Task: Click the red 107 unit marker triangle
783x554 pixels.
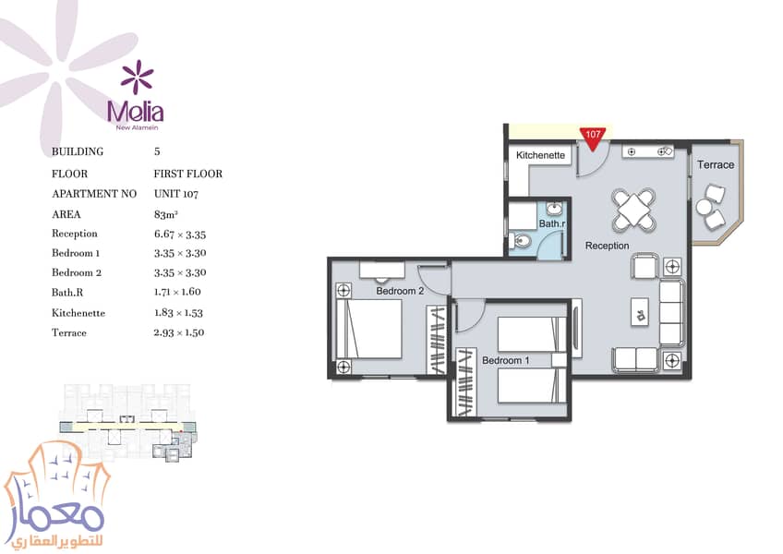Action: [x=593, y=138]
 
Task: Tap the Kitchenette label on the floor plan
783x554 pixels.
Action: [x=540, y=155]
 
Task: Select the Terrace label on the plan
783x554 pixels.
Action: [x=716, y=165]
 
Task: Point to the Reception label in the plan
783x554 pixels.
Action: [x=607, y=246]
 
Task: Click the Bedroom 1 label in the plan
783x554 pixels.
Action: [x=505, y=360]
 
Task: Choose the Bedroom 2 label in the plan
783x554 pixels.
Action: [x=400, y=291]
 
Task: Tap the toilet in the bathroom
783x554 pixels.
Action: [x=521, y=241]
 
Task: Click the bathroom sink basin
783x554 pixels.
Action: [x=554, y=208]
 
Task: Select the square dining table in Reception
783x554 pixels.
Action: [x=633, y=210]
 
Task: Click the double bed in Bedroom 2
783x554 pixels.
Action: [x=370, y=327]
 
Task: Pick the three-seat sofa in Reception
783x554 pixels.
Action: [x=672, y=313]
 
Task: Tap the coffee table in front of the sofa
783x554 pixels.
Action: [x=640, y=312]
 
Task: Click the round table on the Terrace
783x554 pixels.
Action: [x=705, y=208]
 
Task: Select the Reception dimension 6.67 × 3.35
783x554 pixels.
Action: [x=180, y=235]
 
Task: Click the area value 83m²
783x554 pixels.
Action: [x=166, y=215]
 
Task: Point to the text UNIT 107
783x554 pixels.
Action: [x=176, y=194]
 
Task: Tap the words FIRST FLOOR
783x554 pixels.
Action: [x=187, y=174]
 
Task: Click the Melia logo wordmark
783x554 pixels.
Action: [x=136, y=112]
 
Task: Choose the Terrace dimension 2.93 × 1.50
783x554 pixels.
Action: [x=179, y=332]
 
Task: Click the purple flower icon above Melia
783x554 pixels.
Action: [x=137, y=77]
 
